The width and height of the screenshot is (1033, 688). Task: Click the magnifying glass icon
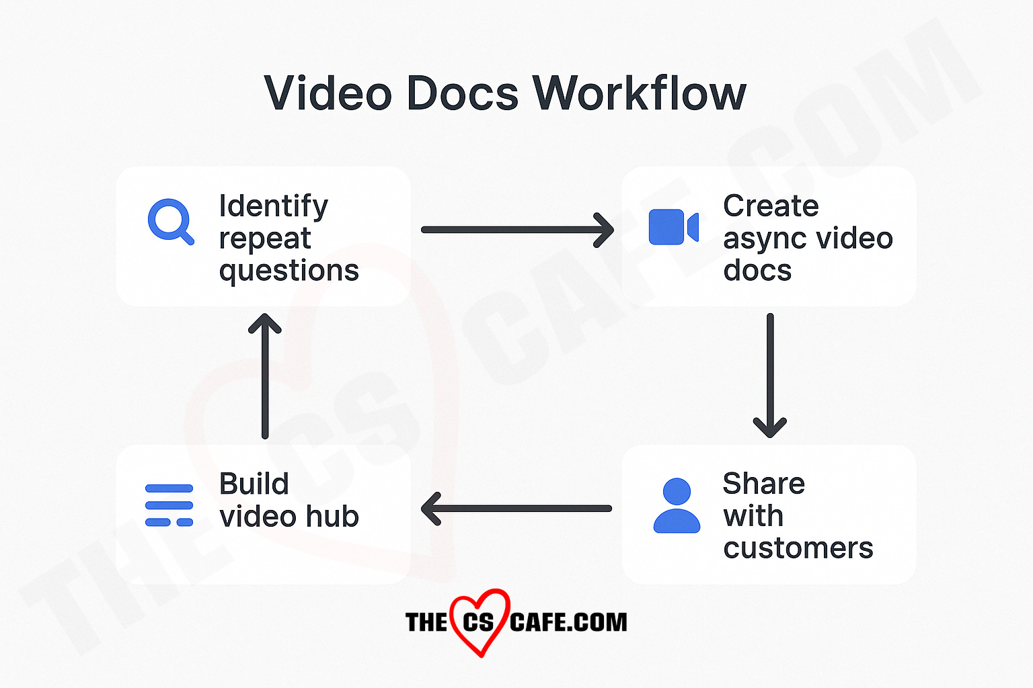(x=170, y=221)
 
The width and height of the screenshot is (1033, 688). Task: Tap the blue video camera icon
(x=673, y=227)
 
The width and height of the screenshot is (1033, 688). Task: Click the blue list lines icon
(x=169, y=505)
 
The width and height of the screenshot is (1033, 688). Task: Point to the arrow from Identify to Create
(x=516, y=230)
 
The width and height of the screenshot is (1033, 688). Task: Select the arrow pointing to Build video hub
(x=516, y=509)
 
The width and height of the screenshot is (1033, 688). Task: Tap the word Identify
(x=274, y=206)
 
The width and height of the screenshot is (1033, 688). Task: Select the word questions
(x=289, y=270)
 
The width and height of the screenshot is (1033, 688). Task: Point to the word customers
(x=798, y=548)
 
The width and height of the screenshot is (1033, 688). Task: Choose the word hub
(x=332, y=516)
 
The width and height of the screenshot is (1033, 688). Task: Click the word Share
(x=764, y=484)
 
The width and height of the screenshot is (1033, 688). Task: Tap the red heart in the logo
(x=479, y=621)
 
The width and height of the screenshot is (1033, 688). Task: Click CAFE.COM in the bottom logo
(x=568, y=622)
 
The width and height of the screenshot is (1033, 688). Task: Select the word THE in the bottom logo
(x=426, y=622)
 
